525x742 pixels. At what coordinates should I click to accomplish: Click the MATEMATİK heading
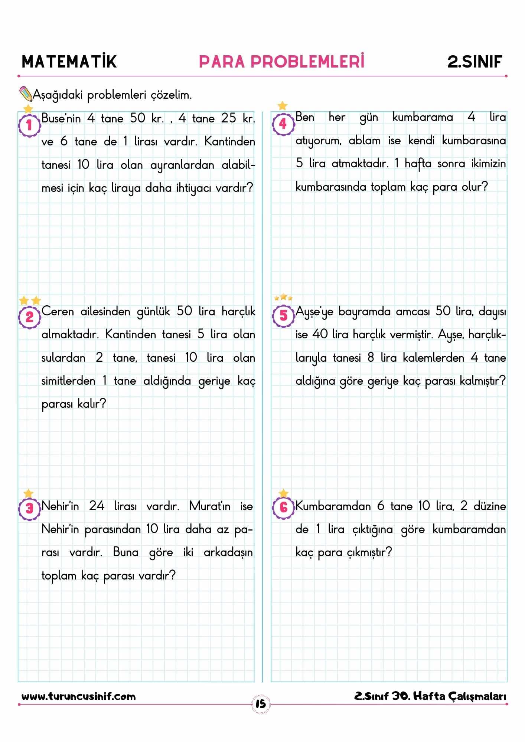69,62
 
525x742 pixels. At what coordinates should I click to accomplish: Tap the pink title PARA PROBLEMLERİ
281,62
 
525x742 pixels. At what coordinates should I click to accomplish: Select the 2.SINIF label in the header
475,62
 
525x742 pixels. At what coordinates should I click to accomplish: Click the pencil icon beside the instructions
26,94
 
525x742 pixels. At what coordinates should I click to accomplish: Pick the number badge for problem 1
29,125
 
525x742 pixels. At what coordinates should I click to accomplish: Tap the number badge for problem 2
29,317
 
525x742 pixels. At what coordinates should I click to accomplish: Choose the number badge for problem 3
29,508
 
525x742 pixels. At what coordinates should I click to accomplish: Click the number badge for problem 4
283,124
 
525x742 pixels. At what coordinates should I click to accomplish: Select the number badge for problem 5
283,316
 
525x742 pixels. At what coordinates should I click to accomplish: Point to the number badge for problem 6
283,507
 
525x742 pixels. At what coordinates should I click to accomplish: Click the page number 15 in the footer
261,704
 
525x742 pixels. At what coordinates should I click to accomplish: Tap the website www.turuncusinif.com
78,696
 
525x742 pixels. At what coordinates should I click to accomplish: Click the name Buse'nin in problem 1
61,119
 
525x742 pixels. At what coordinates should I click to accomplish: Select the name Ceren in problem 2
57,311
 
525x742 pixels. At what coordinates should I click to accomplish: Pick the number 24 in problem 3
97,506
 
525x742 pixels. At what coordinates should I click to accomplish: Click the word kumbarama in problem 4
422,118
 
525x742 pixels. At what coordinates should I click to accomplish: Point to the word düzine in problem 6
489,506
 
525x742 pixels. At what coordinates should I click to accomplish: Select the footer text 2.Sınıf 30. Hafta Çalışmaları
430,696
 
